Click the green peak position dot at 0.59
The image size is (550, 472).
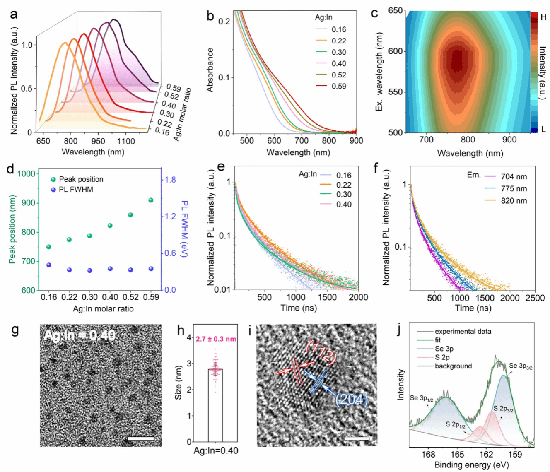point(151,200)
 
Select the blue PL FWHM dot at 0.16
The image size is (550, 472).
point(49,265)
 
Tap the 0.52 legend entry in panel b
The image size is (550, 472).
point(339,75)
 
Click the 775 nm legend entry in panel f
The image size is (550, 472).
point(514,189)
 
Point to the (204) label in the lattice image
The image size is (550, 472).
point(351,399)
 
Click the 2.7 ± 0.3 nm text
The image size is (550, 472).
point(216,339)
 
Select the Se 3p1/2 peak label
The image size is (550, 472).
point(421,398)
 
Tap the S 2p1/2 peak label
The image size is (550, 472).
point(455,424)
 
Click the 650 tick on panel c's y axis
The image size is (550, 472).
point(396,11)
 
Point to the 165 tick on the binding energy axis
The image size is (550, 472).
point(457,455)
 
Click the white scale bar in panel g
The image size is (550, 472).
point(141,438)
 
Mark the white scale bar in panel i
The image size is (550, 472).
point(356,438)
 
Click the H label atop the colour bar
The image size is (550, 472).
point(543,17)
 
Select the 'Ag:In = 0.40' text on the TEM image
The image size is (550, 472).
point(80,335)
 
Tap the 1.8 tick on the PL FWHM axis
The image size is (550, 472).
point(170,180)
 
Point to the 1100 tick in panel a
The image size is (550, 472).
point(125,141)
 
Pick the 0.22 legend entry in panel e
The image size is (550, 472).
point(344,185)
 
